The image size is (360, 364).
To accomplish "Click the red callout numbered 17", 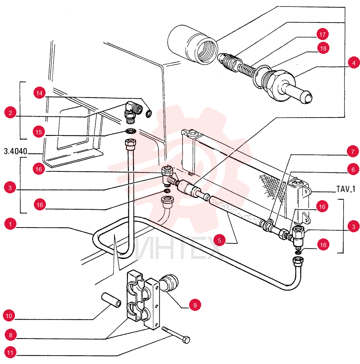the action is pos(322,34).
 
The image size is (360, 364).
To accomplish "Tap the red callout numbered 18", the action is pos(323,48).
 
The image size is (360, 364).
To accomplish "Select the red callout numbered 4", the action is pos(354,63).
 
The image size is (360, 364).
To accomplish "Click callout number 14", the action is pos(39,93).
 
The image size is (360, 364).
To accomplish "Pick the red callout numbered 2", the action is pos(10,112).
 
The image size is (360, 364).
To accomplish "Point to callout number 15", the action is pos(39,132).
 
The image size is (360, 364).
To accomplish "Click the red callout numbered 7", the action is pos(353,151).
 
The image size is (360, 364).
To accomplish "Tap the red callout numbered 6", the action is pos(353,170).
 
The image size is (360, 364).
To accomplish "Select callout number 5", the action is pos(219,240).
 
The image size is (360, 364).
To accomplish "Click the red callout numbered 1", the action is pos(10,224).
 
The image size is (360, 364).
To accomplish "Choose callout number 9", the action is pos(195,305).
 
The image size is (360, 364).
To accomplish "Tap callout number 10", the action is pos(9,316).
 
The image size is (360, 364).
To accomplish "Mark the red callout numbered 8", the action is pos(11,335).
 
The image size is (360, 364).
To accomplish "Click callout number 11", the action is pos(10,353).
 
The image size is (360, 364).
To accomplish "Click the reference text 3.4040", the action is pos(16,151).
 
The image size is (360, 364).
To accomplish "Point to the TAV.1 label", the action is pos(346,189).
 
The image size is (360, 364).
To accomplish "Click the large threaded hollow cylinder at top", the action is pos(193,44).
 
